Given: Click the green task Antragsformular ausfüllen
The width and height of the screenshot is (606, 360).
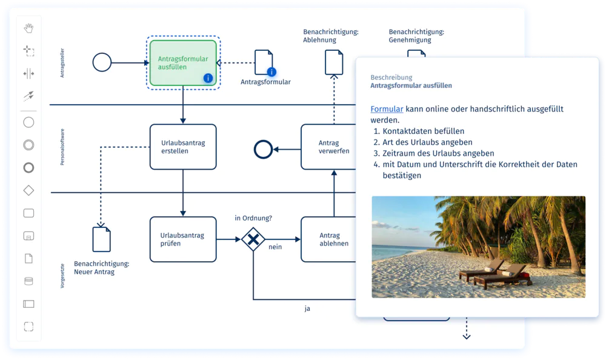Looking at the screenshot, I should (182, 62).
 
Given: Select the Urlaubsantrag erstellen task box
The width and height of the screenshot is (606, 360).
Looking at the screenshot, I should (182, 147).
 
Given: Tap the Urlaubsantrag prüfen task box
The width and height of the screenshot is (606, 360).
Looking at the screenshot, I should (182, 239).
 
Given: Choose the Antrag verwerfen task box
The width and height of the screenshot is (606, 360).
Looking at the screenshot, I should (328, 147).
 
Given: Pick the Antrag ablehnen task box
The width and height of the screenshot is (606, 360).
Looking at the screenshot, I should (328, 239).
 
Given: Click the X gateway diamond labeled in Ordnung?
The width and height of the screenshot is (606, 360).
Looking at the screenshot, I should (253, 239).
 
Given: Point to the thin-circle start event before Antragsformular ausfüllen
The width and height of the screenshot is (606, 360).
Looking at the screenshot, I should (102, 62).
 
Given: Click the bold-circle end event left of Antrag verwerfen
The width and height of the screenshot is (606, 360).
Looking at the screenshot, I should (263, 148).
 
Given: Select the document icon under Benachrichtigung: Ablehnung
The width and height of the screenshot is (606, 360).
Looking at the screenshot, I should (334, 62).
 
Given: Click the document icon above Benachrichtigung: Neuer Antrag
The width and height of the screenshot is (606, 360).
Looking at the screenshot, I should (101, 239).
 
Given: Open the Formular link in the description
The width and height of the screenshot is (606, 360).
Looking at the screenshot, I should (387, 109).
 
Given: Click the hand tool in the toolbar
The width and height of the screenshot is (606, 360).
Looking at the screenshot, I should (28, 28).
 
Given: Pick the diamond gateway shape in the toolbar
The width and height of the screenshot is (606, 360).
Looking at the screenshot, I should (28, 190).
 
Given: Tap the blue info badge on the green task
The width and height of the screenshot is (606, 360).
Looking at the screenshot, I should (208, 78).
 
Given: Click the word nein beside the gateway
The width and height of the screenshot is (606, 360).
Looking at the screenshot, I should (275, 247).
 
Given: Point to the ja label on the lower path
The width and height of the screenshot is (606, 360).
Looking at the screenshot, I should (307, 308).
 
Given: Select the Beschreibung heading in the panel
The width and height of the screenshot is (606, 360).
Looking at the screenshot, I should (391, 78).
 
